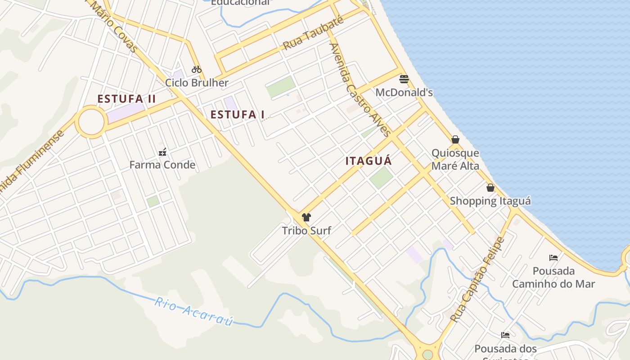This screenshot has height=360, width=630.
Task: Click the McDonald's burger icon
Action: tap(404, 80)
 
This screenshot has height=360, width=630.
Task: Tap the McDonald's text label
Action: tap(404, 93)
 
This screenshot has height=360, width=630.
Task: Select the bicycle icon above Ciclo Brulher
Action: tap(197, 69)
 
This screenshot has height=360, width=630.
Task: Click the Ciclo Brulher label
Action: tap(197, 83)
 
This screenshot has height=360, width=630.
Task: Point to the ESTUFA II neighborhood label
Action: tap(126, 99)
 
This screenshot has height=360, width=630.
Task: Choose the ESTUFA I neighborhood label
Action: tap(238, 115)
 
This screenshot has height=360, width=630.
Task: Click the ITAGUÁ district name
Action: tap(369, 161)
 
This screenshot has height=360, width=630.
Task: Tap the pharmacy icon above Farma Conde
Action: tap(162, 152)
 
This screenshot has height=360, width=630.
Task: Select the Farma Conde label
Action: tap(162, 165)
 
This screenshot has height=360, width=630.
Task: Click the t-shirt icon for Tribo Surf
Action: tap(306, 217)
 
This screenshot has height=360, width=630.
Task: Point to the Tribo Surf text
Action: tap(306, 231)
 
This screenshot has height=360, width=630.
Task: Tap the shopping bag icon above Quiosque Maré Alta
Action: tap(455, 139)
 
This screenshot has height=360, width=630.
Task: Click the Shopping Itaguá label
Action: tap(490, 201)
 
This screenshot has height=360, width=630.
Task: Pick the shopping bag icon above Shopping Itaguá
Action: tap(490, 188)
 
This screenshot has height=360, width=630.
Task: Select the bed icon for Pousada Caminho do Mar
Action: tap(553, 258)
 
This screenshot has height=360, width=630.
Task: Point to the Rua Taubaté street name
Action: tap(313, 34)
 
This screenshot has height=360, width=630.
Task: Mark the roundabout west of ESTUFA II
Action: tap(91, 121)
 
